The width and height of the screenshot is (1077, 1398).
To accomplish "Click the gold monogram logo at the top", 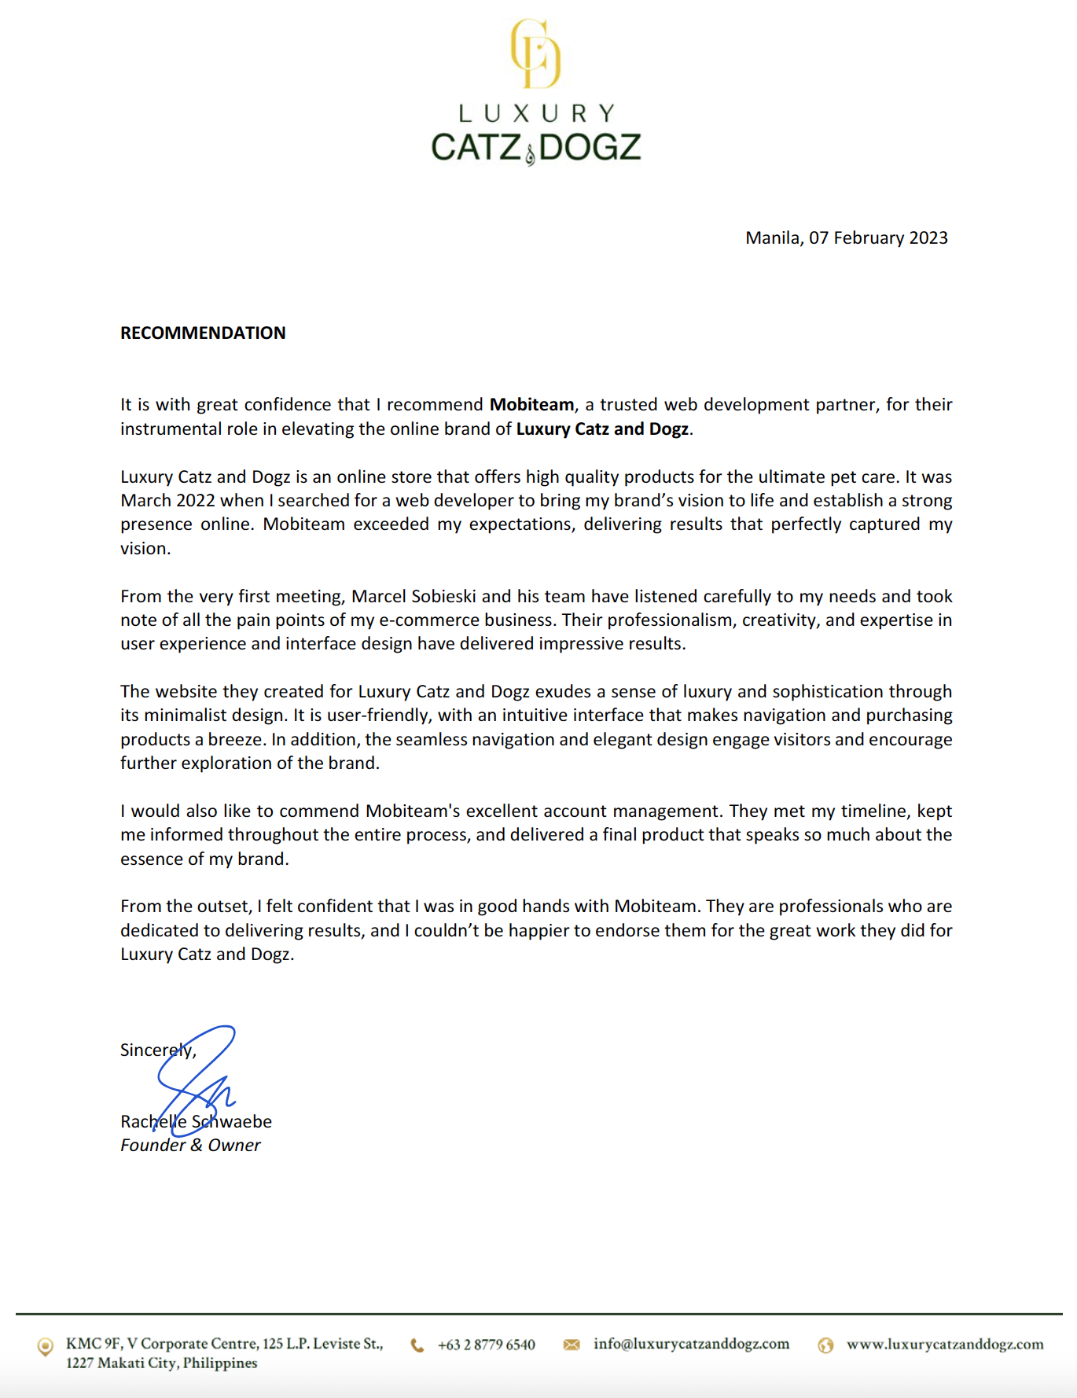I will pyautogui.click(x=535, y=53).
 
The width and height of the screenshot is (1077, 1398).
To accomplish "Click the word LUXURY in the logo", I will pyautogui.click(x=535, y=114).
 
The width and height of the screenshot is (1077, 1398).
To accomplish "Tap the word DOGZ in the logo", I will pyautogui.click(x=590, y=147).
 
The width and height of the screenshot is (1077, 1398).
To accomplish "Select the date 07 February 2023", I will pyautogui.click(x=878, y=237).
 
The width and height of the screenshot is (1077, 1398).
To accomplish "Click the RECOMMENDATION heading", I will pyautogui.click(x=203, y=333).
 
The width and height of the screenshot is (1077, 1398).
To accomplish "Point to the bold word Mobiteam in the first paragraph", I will pyautogui.click(x=531, y=404).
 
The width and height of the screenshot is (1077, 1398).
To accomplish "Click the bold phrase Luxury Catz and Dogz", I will pyautogui.click(x=602, y=429).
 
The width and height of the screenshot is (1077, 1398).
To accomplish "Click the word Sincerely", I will pyautogui.click(x=157, y=1050).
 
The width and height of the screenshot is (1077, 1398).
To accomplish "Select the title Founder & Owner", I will pyautogui.click(x=190, y=1145).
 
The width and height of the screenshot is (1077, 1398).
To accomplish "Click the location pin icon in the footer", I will pyautogui.click(x=46, y=1346).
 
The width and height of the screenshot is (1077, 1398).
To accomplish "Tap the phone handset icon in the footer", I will pyautogui.click(x=417, y=1345).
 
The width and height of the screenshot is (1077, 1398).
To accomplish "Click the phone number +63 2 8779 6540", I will pyautogui.click(x=486, y=1345).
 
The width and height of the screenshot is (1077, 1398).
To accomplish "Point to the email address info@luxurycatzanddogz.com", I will pyautogui.click(x=691, y=1344).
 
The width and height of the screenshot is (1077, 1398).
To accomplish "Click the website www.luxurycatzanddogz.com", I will pyautogui.click(x=945, y=1345).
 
